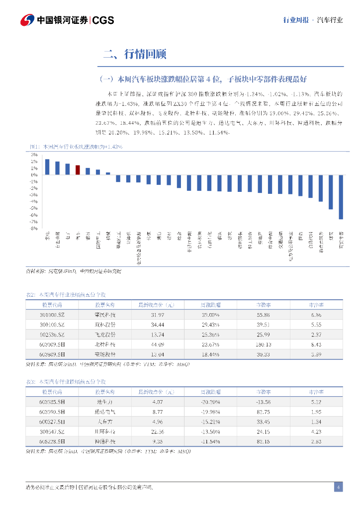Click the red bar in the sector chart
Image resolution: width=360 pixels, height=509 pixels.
(78, 170)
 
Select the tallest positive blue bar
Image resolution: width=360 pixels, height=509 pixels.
(47, 167)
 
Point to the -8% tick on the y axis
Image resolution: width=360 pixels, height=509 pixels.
(34, 229)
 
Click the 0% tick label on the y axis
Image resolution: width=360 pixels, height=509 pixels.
(34, 175)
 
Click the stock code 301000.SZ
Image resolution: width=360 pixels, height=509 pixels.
(52, 315)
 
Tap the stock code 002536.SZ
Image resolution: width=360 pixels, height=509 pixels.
(52, 335)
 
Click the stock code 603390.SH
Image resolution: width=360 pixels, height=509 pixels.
(52, 412)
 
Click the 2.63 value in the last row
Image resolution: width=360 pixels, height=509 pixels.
(316, 441)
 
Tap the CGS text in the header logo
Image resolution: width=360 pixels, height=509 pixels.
(103, 20)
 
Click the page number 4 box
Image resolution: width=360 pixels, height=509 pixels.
(338, 487)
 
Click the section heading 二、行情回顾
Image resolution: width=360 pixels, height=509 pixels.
(134, 54)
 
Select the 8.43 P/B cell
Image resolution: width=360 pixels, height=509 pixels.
(316, 344)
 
